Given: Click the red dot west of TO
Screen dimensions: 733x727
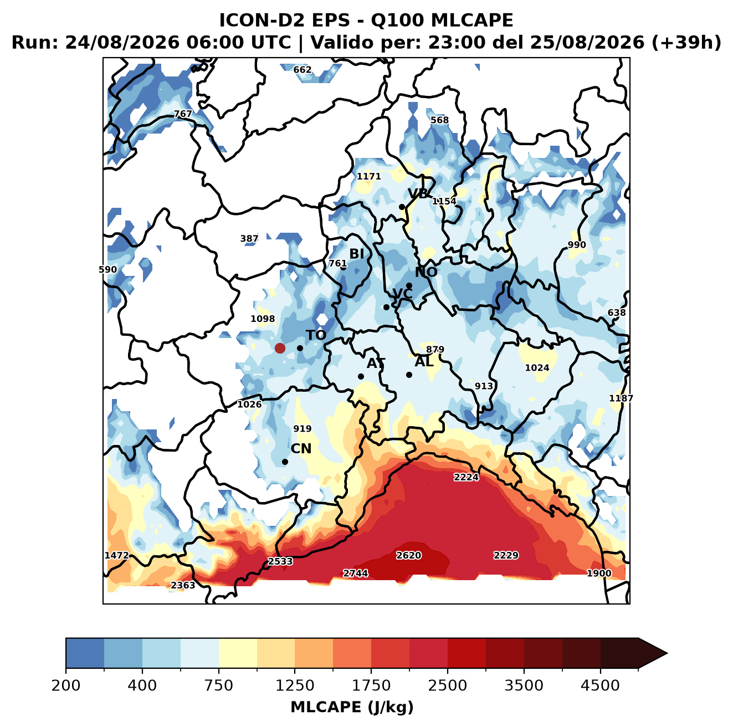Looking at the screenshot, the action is [x=280, y=348].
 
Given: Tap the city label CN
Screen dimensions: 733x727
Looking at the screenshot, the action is [x=301, y=449].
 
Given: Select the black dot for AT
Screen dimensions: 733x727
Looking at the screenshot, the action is [x=361, y=376].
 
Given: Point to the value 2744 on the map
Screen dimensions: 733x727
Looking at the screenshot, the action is [x=355, y=573].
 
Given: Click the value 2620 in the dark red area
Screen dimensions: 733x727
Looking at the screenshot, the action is [x=408, y=555].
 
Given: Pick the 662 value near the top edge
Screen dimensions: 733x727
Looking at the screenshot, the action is [x=303, y=70].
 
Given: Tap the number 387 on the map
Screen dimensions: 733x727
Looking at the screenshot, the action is [x=249, y=238].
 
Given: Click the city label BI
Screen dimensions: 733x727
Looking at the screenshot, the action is [x=356, y=254].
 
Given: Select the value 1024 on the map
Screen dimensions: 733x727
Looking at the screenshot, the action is [x=537, y=367].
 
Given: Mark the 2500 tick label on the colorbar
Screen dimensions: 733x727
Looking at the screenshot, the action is [x=447, y=685].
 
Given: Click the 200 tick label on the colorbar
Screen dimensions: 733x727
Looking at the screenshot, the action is [x=66, y=685].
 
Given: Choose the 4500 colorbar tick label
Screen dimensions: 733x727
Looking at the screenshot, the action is [x=600, y=685].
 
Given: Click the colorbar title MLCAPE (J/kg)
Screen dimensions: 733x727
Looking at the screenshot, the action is [x=352, y=707].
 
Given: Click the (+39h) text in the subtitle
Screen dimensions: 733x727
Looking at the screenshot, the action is [x=686, y=43].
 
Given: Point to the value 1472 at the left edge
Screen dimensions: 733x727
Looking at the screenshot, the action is [x=117, y=555].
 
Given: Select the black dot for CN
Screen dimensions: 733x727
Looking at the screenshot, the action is [x=285, y=462].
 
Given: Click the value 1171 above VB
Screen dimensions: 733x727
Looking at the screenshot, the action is [x=368, y=176].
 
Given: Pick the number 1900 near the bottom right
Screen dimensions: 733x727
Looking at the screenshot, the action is [x=599, y=573].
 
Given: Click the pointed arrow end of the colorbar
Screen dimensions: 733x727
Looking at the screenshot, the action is [x=667, y=653].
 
